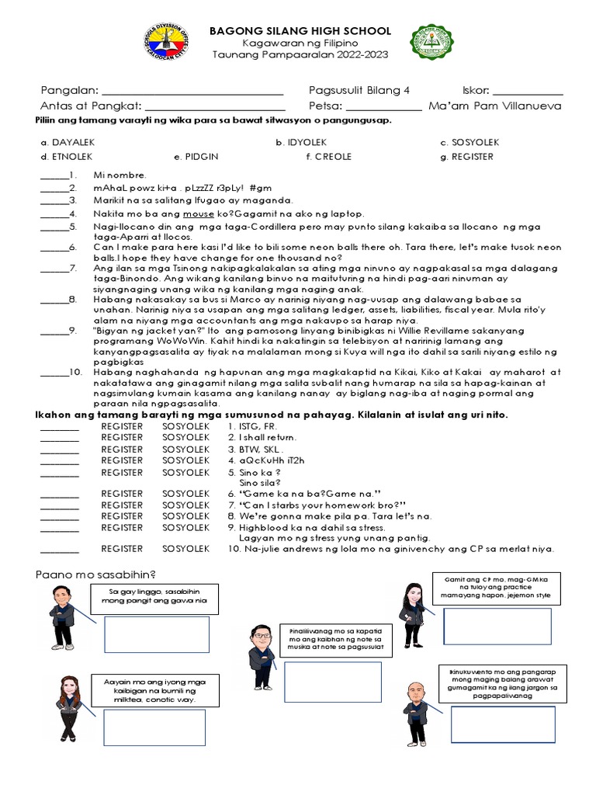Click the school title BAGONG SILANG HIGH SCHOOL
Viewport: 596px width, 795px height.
301,30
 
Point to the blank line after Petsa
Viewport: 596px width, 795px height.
383,109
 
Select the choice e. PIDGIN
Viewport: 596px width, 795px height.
196,157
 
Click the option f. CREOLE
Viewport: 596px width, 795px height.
329,157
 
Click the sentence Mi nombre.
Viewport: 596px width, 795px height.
120,175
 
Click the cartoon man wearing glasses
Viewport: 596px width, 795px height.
262,656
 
